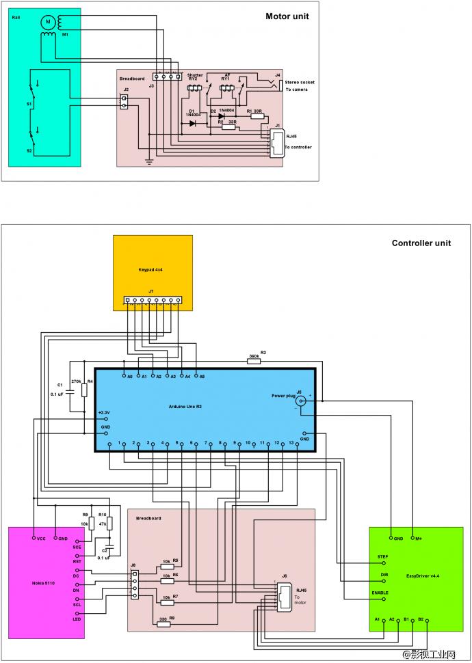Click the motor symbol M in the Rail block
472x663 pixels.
(x=48, y=22)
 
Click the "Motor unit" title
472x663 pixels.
(x=287, y=16)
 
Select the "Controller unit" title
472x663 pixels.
(x=421, y=243)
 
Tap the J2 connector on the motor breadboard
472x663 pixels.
(x=125, y=101)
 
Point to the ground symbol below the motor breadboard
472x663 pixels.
(x=148, y=162)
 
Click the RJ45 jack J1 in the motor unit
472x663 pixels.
(x=276, y=141)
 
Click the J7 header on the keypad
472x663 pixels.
(x=153, y=300)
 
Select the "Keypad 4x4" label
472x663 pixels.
(x=150, y=270)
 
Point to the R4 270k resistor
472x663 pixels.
(x=83, y=390)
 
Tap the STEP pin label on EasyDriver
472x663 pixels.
(x=382, y=556)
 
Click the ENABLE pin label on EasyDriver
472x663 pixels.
(x=380, y=593)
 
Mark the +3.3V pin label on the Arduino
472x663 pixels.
(x=103, y=413)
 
